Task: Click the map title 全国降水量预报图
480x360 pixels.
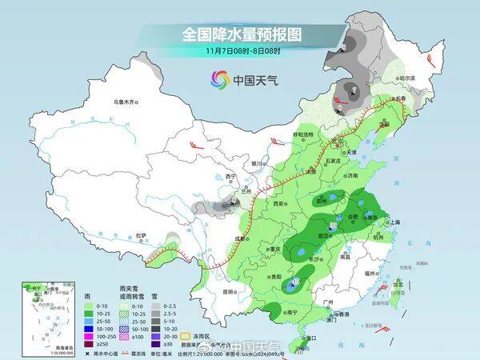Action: pyautogui.click(x=240, y=34)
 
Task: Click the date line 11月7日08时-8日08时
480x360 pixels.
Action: pyautogui.click(x=240, y=51)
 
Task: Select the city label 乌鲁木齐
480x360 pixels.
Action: pyautogui.click(x=125, y=102)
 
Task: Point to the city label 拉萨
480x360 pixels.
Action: pyautogui.click(x=141, y=235)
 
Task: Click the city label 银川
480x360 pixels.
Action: pyautogui.click(x=257, y=163)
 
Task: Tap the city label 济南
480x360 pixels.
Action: pyautogui.click(x=354, y=175)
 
